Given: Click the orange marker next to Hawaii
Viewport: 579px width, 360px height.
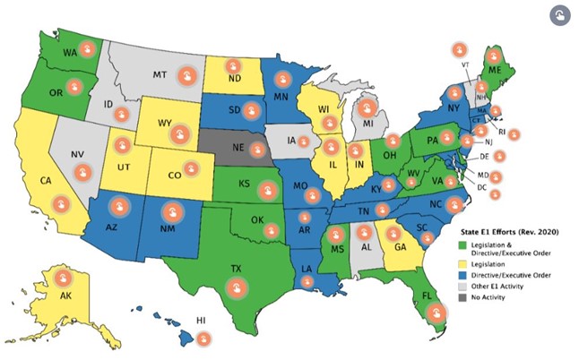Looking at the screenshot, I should [x=204, y=339].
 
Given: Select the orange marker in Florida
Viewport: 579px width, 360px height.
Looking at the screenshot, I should [x=436, y=313].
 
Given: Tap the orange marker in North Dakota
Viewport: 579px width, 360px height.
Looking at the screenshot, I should [x=231, y=66].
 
